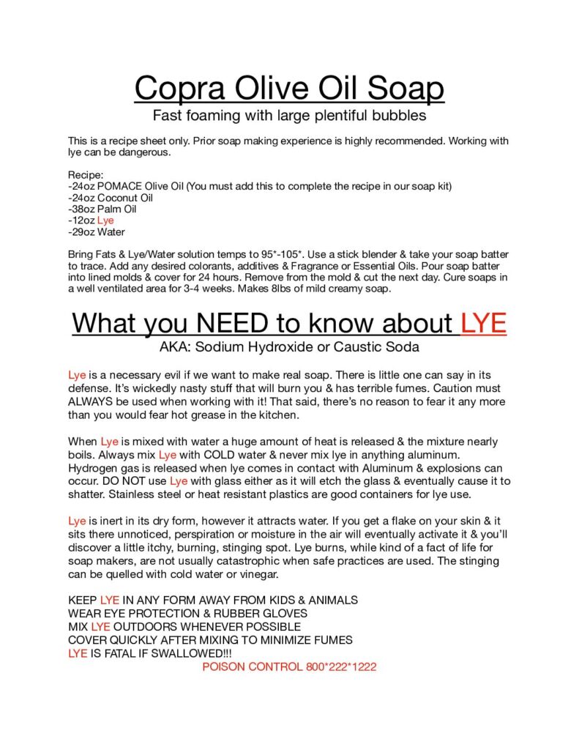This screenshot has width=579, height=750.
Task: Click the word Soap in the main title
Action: pyautogui.click(x=401, y=89)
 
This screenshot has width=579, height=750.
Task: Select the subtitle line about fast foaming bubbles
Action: pyautogui.click(x=289, y=115)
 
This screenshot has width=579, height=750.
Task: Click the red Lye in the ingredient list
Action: pyautogui.click(x=105, y=220)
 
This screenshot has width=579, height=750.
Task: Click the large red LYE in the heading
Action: pyautogui.click(x=484, y=323)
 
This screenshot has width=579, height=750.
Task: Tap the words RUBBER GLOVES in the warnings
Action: pyautogui.click(x=267, y=613)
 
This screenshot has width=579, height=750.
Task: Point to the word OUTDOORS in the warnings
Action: pyautogui.click(x=151, y=627)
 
